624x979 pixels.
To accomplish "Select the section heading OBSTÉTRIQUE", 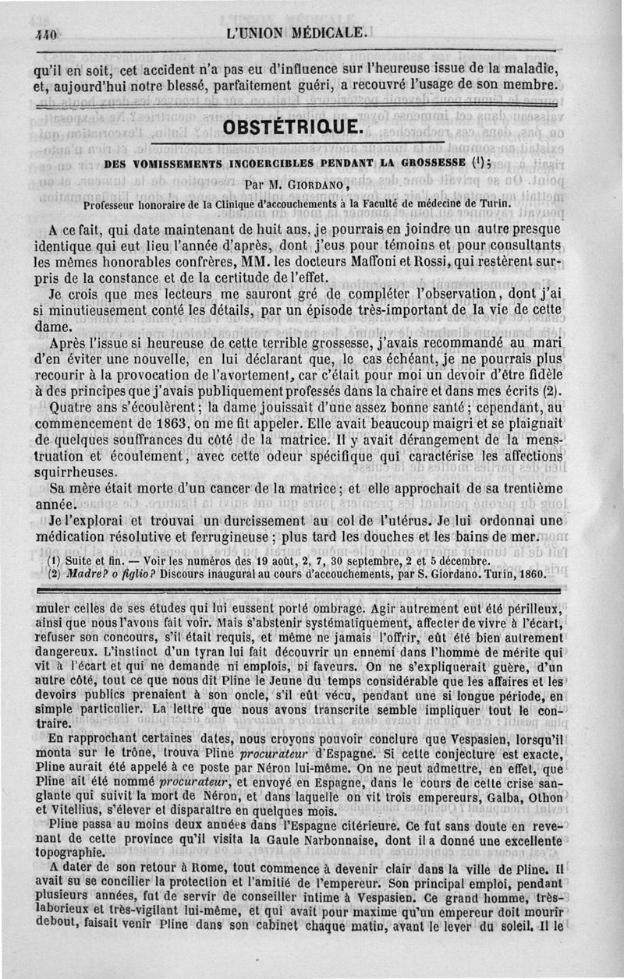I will tap(293, 125).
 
